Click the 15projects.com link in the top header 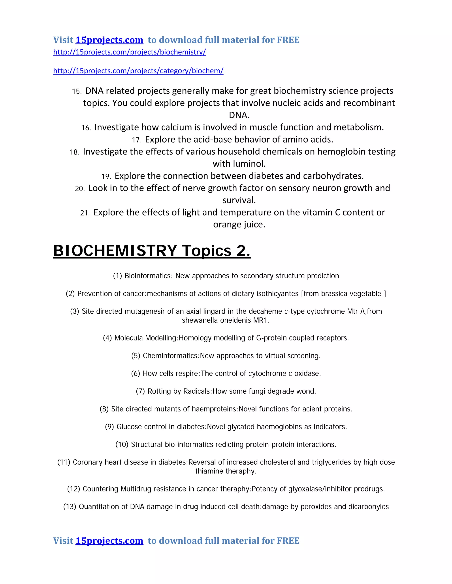109,40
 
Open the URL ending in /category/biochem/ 138,71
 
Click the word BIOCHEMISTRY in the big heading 115,251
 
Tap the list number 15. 77,91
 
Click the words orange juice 239,224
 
